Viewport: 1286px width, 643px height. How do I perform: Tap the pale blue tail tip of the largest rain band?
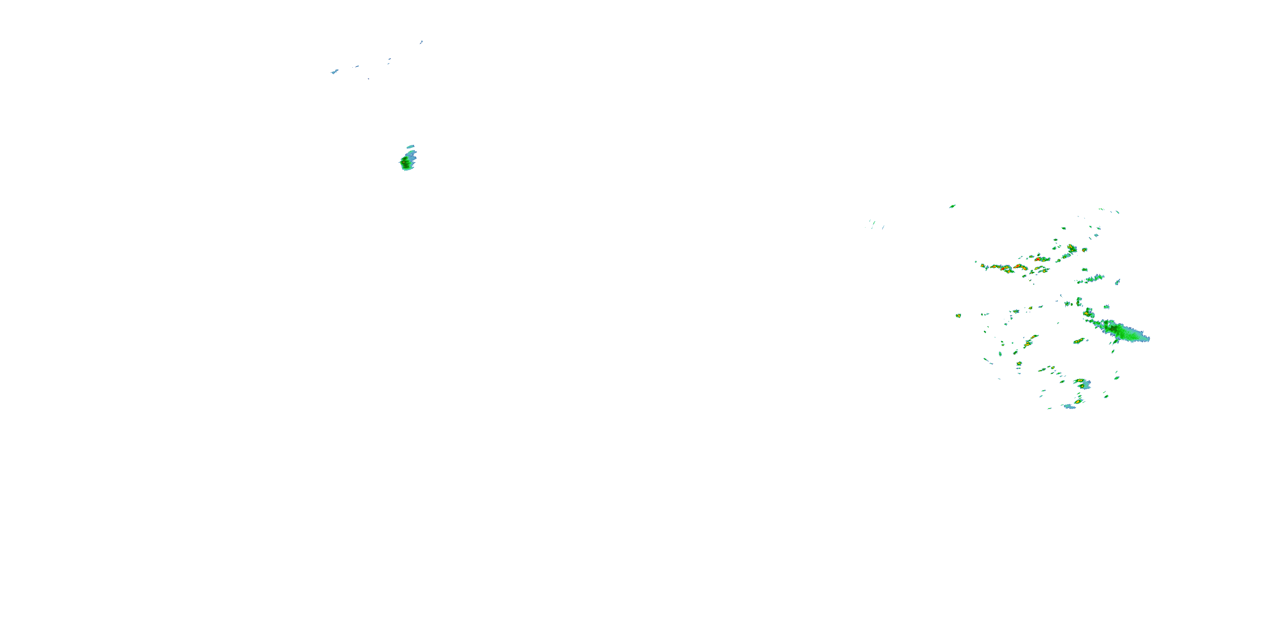1147,339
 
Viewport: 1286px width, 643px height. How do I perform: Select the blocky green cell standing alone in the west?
407,162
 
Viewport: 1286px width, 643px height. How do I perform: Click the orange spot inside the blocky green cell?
403,160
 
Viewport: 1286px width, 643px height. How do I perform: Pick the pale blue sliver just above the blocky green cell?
411,147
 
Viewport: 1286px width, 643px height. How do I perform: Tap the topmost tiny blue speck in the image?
421,42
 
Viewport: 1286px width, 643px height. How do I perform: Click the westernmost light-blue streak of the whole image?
334,72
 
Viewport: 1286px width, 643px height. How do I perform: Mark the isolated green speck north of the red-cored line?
952,206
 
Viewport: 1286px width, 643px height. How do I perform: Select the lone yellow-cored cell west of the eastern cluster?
958,315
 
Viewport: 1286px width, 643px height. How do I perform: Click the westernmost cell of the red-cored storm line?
983,266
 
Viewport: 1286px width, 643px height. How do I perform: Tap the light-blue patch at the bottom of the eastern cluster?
1070,406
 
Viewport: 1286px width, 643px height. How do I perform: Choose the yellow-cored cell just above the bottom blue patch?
1079,401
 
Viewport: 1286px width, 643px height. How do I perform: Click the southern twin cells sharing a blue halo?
1082,384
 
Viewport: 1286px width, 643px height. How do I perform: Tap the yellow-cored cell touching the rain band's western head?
1088,313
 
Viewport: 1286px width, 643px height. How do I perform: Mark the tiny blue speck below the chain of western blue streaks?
368,78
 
